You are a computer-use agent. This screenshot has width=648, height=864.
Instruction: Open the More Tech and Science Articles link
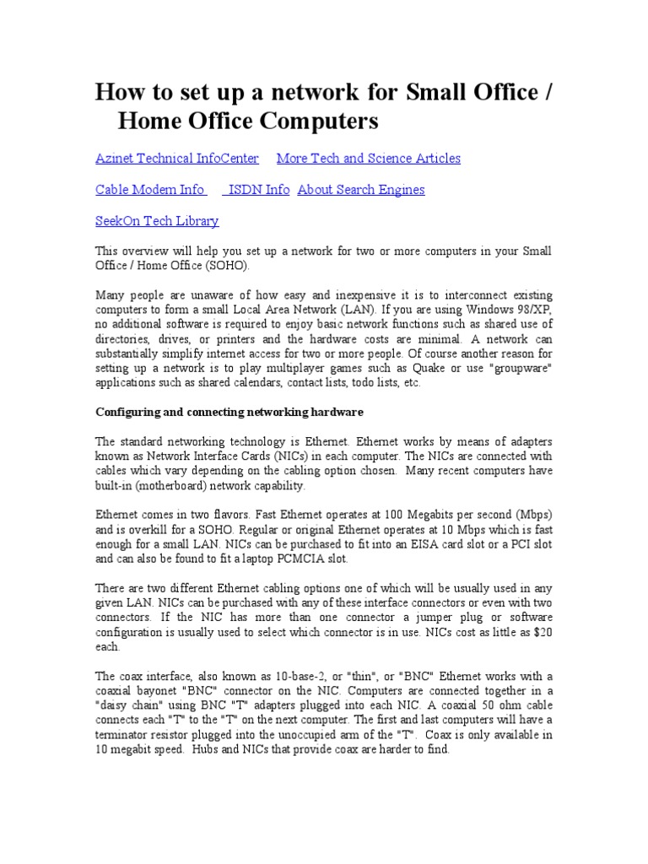tap(369, 159)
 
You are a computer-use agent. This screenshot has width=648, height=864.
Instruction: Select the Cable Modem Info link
tap(151, 190)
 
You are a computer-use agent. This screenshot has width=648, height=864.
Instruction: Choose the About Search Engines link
tap(361, 190)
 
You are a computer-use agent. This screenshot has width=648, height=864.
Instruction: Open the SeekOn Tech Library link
tap(157, 221)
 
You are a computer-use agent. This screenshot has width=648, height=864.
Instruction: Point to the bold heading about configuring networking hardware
tap(229, 412)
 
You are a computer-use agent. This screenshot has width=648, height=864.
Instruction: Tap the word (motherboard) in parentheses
tap(179, 486)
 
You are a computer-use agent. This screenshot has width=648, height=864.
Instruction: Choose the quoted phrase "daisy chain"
tap(135, 705)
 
